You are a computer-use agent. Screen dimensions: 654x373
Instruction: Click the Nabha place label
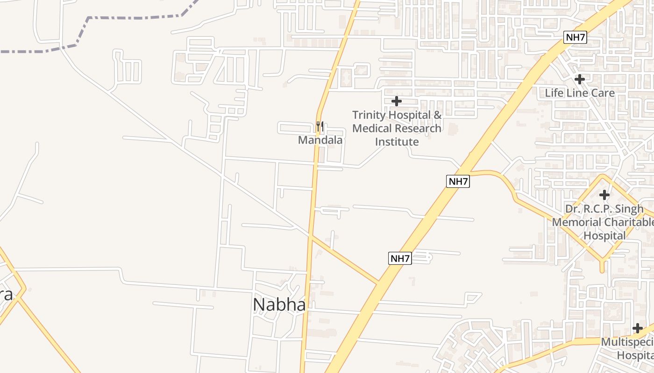pyautogui.click(x=279, y=305)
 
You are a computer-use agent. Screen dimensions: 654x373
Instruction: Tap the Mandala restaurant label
pyautogui.click(x=320, y=140)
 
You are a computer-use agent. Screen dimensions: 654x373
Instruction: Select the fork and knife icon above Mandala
pyautogui.click(x=320, y=126)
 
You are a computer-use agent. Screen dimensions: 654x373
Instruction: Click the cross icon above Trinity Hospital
pyautogui.click(x=397, y=101)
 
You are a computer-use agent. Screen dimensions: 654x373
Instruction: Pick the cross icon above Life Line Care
pyautogui.click(x=580, y=79)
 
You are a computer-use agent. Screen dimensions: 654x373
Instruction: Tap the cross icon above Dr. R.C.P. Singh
pyautogui.click(x=604, y=194)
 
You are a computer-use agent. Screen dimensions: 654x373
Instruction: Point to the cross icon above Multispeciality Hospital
pyautogui.click(x=638, y=328)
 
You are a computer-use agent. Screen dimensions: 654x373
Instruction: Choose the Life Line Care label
pyautogui.click(x=580, y=93)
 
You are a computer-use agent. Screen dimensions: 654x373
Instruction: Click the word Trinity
pyautogui.click(x=370, y=115)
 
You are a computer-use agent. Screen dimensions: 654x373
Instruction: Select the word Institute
pyautogui.click(x=397, y=141)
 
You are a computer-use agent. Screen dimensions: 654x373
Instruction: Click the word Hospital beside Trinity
pyautogui.click(x=412, y=115)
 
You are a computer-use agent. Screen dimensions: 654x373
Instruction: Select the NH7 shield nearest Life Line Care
pyautogui.click(x=575, y=38)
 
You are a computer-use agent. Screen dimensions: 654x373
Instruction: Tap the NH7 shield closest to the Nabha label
pyautogui.click(x=400, y=258)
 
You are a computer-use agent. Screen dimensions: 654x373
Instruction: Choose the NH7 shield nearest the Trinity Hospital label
pyautogui.click(x=458, y=181)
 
